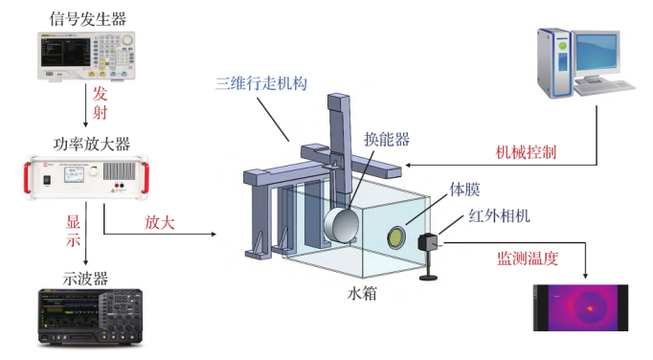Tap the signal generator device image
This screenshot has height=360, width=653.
coord(86,56)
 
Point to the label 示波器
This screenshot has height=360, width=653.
coord(86,279)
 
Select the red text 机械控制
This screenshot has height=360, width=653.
coord(527,152)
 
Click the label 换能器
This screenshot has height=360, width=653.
coord(386,139)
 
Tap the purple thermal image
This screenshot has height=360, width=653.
coord(582,307)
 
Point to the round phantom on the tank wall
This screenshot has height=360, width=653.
coord(395,237)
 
